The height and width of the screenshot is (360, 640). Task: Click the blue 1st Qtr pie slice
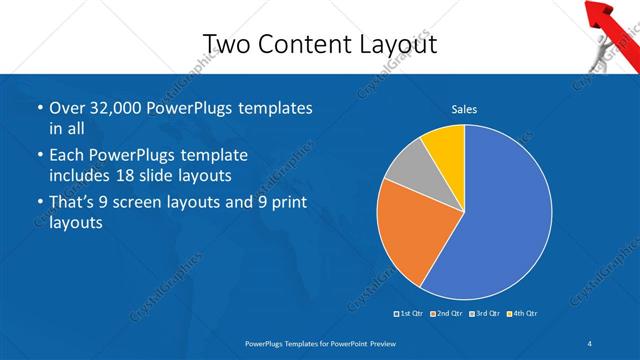(500, 220)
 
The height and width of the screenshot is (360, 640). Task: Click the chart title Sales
(464, 108)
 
